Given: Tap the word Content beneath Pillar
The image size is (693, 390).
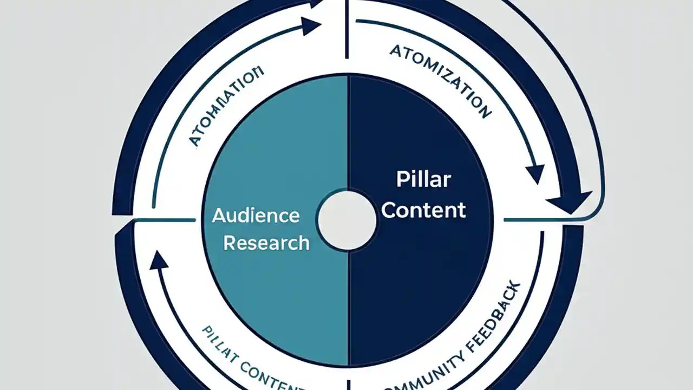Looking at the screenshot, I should pos(423,210).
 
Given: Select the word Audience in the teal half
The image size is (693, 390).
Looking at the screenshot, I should pos(256,216).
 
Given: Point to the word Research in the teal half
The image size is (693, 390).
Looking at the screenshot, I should pos(266,243).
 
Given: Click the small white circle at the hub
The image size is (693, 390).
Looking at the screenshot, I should pos(346,220).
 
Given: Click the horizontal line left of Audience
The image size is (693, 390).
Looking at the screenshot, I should pos(165,220).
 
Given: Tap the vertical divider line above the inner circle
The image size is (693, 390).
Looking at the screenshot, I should pos(346,30).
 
